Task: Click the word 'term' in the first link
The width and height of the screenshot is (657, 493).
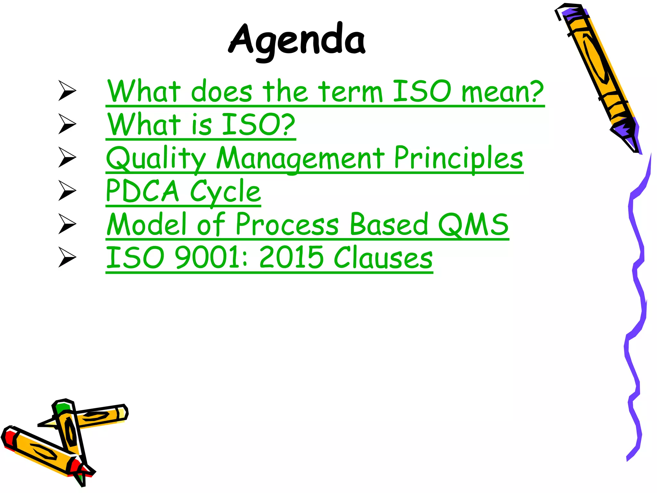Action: coord(351,92)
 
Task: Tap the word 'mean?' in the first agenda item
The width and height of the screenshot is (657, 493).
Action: coord(502,92)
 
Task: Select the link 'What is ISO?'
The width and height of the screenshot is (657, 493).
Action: coord(201,125)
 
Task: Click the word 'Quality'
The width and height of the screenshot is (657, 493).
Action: coord(156,159)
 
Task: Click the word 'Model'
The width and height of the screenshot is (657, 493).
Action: coord(147,225)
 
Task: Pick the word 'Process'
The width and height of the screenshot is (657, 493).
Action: coord(287,225)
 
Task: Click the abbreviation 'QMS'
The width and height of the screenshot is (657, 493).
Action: coord(473,225)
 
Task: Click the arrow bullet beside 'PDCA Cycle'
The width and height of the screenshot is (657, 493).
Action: coord(67,191)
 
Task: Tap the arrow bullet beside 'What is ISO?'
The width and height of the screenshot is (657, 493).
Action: coord(67,124)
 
